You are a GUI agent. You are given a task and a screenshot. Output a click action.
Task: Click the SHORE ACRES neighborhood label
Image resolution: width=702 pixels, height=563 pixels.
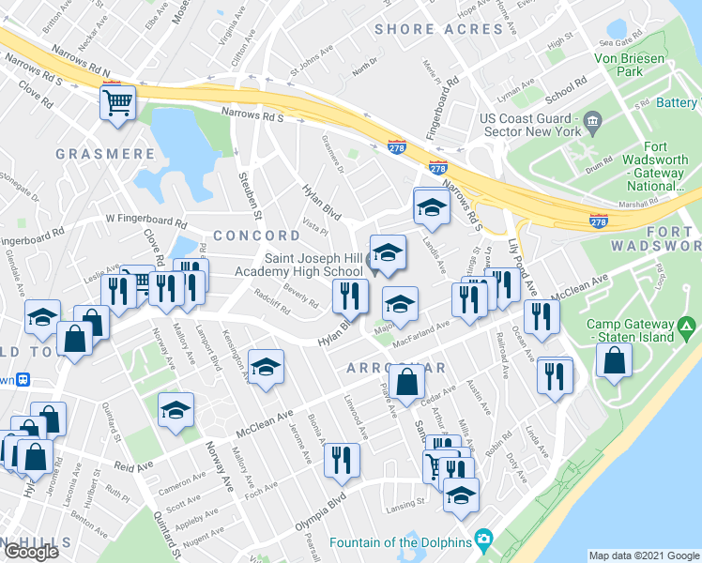(438, 29)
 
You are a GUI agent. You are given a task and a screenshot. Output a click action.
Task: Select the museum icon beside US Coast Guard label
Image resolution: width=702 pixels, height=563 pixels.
(592, 121)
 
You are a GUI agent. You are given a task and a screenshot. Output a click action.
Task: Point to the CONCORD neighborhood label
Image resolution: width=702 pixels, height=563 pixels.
(256, 236)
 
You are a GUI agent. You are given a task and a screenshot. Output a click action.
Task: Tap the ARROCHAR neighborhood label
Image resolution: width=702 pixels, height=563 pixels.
(395, 368)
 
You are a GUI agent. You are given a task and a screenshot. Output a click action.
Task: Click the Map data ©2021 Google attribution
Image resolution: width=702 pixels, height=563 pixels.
(643, 555)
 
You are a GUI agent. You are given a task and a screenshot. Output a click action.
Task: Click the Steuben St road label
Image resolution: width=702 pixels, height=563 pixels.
(243, 179)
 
